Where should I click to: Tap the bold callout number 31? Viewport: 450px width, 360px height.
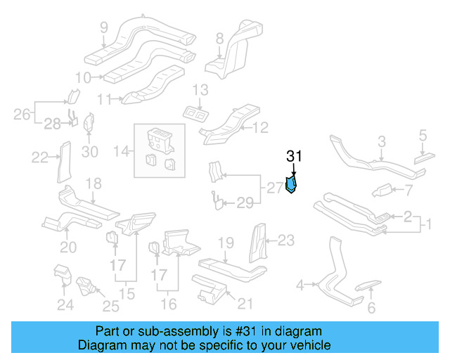coord(293,157)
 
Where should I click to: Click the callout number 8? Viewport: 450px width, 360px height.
coord(219,38)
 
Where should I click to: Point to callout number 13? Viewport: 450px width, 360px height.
coord(200,89)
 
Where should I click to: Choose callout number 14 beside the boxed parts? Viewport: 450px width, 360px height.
coord(122,150)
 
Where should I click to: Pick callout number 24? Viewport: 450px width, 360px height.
coord(65,304)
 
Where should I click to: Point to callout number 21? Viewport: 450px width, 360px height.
coord(244,303)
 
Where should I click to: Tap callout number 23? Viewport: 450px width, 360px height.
coord(285,240)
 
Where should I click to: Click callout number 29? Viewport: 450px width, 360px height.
coord(243,203)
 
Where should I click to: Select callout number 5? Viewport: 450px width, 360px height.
coord(423,134)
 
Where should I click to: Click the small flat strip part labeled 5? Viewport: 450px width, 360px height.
coord(424,157)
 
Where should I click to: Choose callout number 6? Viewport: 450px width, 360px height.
coord(372,307)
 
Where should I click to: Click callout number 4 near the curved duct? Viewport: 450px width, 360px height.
coord(300,285)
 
